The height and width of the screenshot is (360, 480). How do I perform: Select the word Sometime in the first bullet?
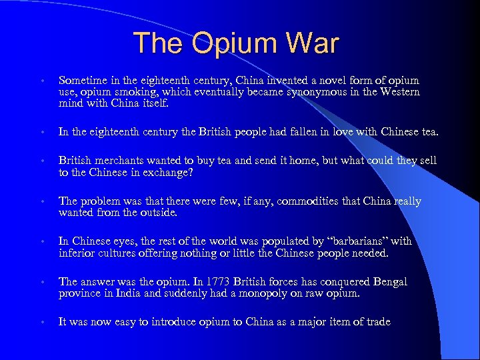[x=82, y=81]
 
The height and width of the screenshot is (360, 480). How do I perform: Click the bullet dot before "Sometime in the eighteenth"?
[x=42, y=81]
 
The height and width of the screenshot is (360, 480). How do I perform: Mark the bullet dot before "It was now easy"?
[x=42, y=323]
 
